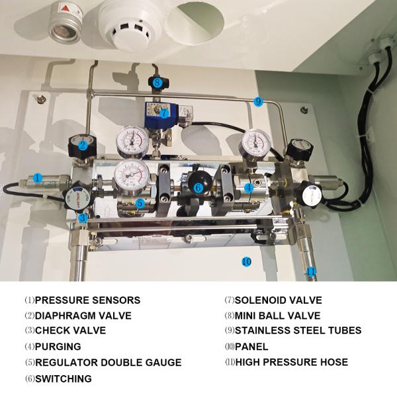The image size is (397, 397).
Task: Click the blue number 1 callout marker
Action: pos(38,177)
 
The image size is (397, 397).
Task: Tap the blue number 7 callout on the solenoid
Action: pos(163,112)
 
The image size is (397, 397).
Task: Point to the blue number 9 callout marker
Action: pos(258,101)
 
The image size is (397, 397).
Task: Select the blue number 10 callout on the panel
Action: pos(246,261)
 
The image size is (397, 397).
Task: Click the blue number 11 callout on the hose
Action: pos(312,271)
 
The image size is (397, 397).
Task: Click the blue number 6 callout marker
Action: pos(198,187)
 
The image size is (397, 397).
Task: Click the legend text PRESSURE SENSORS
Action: pos(87,300)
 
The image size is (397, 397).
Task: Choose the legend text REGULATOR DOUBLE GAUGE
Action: pos(108,363)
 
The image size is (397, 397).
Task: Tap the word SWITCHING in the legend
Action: pos(64,378)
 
